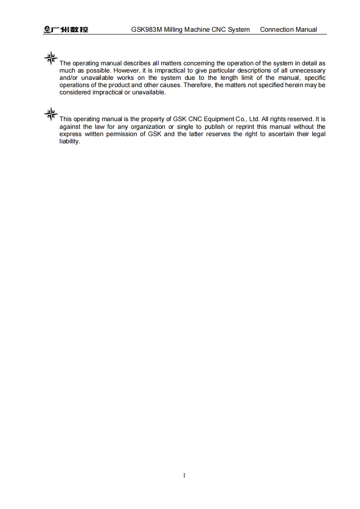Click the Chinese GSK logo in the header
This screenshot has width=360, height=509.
click(x=66, y=30)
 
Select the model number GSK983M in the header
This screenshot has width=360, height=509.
click(x=147, y=29)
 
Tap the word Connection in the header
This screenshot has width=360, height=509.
click(x=276, y=29)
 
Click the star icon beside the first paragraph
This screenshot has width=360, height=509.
click(x=51, y=58)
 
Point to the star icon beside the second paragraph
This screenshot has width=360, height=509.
click(x=51, y=114)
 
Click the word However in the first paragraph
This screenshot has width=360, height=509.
click(x=126, y=71)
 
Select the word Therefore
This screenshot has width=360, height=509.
click(x=197, y=85)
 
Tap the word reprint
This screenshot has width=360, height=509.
click(x=245, y=127)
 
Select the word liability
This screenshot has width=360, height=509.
click(x=69, y=142)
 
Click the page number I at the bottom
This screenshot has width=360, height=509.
click(x=184, y=475)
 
